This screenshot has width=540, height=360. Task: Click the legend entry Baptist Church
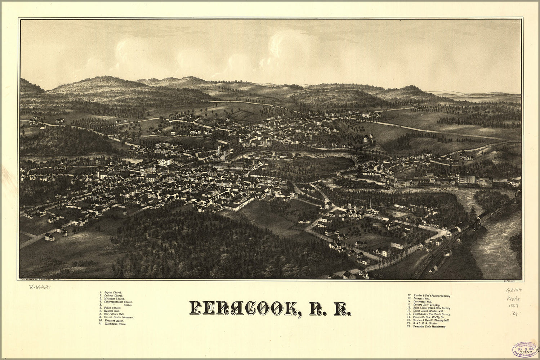tap(112, 293)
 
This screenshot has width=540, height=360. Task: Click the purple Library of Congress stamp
tap(525, 349)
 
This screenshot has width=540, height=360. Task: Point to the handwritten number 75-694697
tap(39, 288)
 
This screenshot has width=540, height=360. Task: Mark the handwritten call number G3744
tap(514, 290)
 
